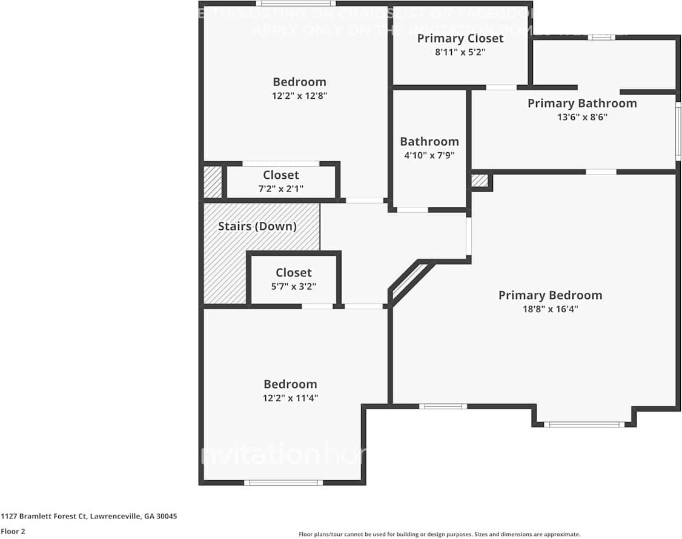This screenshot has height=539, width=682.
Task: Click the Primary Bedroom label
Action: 550,295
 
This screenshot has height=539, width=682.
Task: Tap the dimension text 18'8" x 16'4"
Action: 550,309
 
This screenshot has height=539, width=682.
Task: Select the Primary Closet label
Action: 460,39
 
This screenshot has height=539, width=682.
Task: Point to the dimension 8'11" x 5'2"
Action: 460,52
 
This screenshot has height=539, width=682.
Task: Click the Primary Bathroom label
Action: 581,103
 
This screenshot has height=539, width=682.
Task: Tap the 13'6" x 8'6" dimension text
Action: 581,117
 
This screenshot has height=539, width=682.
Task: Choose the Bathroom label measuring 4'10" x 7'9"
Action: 429,141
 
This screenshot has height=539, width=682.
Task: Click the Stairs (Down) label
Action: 257,227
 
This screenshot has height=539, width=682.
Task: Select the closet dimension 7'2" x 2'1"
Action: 280,189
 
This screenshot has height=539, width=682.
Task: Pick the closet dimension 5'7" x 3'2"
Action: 294,286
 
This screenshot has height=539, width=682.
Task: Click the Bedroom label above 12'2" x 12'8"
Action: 299,82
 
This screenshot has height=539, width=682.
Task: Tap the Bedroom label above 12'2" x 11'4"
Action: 290,384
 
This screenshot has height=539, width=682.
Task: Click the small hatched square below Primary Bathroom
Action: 479,181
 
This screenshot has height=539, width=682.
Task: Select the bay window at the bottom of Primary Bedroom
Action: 584,424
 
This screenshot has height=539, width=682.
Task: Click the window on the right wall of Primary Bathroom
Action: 678,131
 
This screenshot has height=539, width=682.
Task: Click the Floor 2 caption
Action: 13,531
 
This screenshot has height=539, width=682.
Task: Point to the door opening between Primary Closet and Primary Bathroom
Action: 501,87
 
